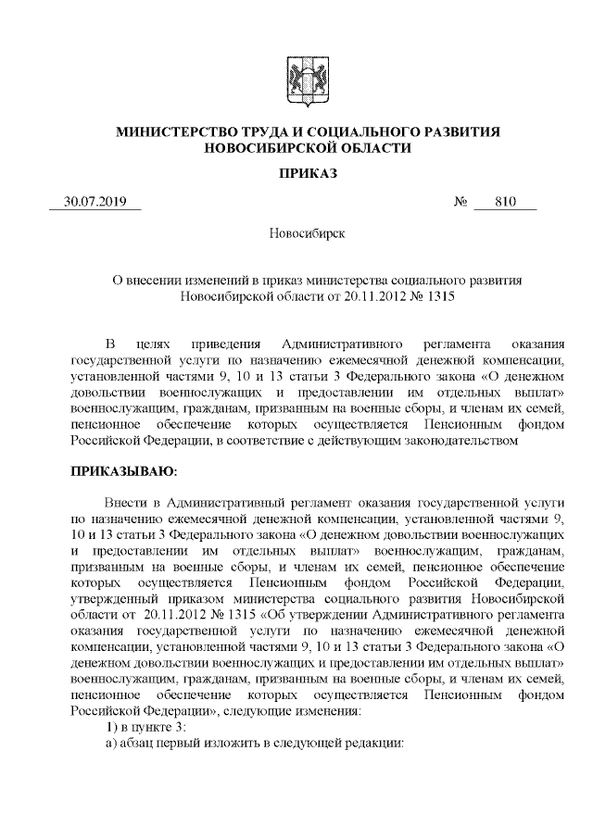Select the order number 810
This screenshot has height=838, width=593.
pyautogui.click(x=504, y=202)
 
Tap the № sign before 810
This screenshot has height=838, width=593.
pyautogui.click(x=460, y=202)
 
